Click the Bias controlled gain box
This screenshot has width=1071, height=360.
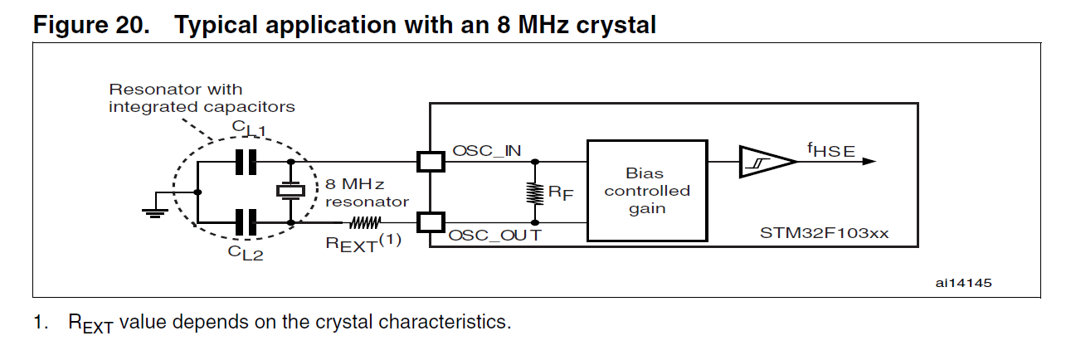647,192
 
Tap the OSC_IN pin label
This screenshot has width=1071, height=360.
487,151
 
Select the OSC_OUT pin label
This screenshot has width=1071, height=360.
495,236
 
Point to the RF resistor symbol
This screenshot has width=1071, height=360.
534,192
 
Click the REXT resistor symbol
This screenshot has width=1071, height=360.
363,222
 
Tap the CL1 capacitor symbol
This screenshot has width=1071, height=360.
246,161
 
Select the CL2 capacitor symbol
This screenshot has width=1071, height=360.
246,222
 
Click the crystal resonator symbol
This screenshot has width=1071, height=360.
290,192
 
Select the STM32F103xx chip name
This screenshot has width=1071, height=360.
824,233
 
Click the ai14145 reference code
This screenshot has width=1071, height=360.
962,283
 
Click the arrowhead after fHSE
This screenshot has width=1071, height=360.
868,162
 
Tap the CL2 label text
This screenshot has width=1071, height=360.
246,254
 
